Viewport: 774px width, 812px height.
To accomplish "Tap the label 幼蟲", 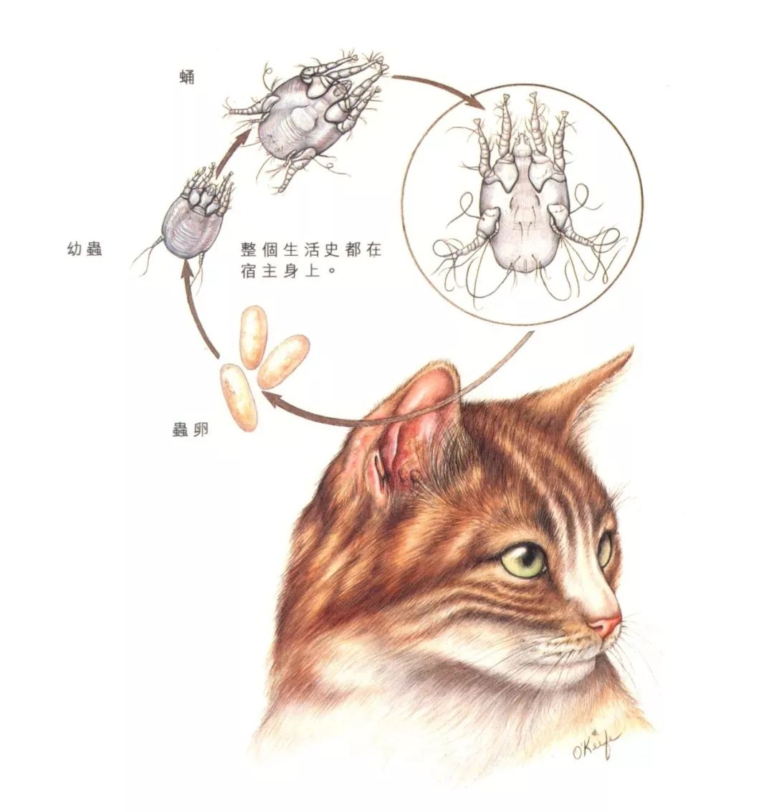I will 83,250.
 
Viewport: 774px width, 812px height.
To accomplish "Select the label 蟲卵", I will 190,431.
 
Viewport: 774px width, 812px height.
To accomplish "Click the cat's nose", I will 607,626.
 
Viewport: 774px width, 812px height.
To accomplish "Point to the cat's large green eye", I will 527,560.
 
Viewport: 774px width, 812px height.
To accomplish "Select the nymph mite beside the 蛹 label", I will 308,118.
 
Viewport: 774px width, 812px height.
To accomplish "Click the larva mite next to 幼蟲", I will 193,215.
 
